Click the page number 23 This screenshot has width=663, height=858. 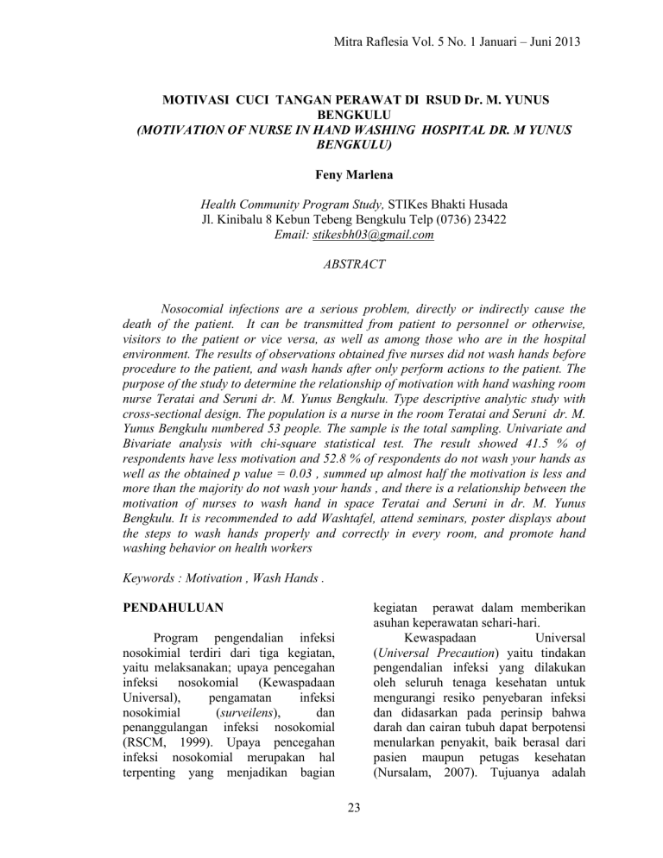[x=331, y=820]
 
